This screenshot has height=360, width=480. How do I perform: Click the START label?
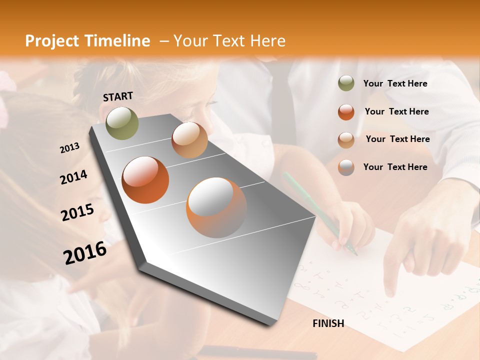tap(118, 96)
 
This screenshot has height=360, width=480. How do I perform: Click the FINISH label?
tap(328, 323)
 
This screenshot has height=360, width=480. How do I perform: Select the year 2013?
tap(69, 148)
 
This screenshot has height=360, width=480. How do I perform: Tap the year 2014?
tap(73, 177)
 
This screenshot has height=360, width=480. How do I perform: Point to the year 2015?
tap(77, 212)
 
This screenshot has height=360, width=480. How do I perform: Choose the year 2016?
tap(85, 252)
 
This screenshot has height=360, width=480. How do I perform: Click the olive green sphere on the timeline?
tap(122, 123)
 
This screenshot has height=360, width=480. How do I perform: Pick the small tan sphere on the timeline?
tap(189, 140)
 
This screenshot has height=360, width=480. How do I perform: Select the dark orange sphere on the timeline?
tap(145, 180)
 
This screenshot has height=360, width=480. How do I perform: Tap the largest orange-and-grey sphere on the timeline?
tap(216, 207)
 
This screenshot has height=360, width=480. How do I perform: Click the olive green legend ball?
tap(346, 83)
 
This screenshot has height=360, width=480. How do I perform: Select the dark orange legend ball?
tap(346, 111)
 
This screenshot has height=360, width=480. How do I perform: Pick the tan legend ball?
tap(346, 139)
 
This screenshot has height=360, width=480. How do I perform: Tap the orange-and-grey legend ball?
tap(346, 167)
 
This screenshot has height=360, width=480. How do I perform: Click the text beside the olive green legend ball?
tap(395, 83)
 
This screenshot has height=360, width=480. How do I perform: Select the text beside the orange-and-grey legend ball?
tap(395, 167)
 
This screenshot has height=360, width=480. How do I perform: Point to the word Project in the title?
tap(52, 41)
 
